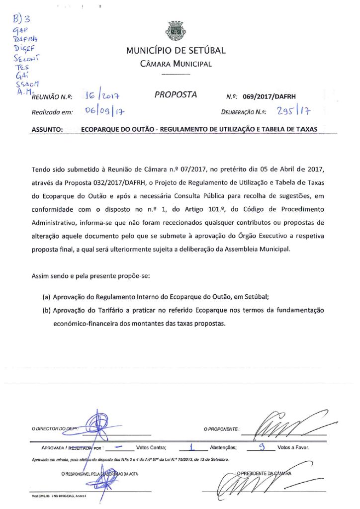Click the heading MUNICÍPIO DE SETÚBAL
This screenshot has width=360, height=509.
[176, 51]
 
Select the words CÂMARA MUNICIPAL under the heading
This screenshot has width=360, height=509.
[176, 64]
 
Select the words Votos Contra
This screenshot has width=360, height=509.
[151, 447]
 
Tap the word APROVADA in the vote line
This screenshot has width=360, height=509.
[52, 447]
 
